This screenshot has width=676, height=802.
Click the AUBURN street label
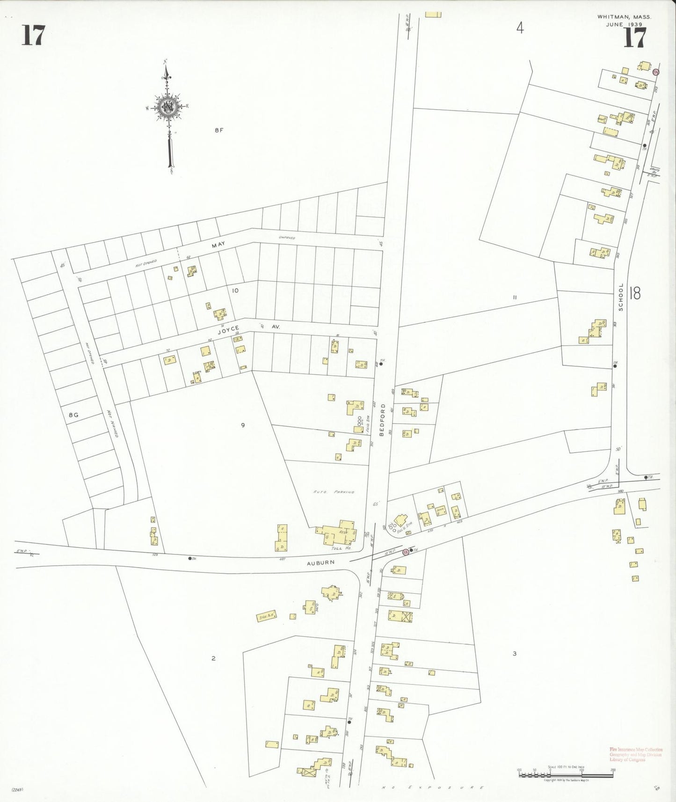tap(320, 563)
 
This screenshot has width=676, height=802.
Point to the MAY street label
tap(218, 245)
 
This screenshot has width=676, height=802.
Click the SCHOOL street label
tap(621, 297)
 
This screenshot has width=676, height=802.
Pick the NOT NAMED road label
tap(112, 424)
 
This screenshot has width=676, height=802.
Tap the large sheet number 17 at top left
tap(33, 36)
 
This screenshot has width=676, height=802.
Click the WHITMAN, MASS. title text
tap(624, 17)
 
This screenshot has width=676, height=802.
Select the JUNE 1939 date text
tap(624, 24)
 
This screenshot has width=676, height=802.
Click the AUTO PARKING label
tap(334, 492)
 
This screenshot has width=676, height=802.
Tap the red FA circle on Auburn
tap(406, 552)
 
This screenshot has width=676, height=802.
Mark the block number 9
tap(243, 425)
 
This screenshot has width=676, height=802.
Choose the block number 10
tap(235, 291)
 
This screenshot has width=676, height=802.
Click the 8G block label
tap(73, 415)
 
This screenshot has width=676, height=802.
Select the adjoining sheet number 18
tap(635, 293)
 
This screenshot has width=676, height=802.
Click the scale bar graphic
tap(566, 775)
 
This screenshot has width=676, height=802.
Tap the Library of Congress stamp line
tap(627, 759)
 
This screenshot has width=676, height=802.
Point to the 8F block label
tap(219, 130)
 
